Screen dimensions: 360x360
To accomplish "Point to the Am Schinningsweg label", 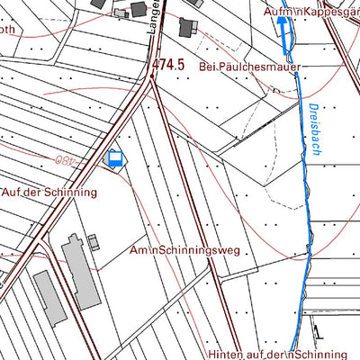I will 184,250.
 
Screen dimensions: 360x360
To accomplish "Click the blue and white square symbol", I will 114,159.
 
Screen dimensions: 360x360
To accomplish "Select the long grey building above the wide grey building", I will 80,270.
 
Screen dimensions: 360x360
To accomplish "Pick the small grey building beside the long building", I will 93,242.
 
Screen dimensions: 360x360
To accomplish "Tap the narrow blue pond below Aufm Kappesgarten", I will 284,37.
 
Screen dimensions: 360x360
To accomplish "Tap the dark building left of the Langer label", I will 139,9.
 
